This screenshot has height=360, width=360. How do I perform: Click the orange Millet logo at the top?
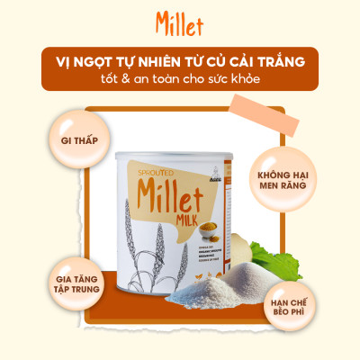click(180, 21)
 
